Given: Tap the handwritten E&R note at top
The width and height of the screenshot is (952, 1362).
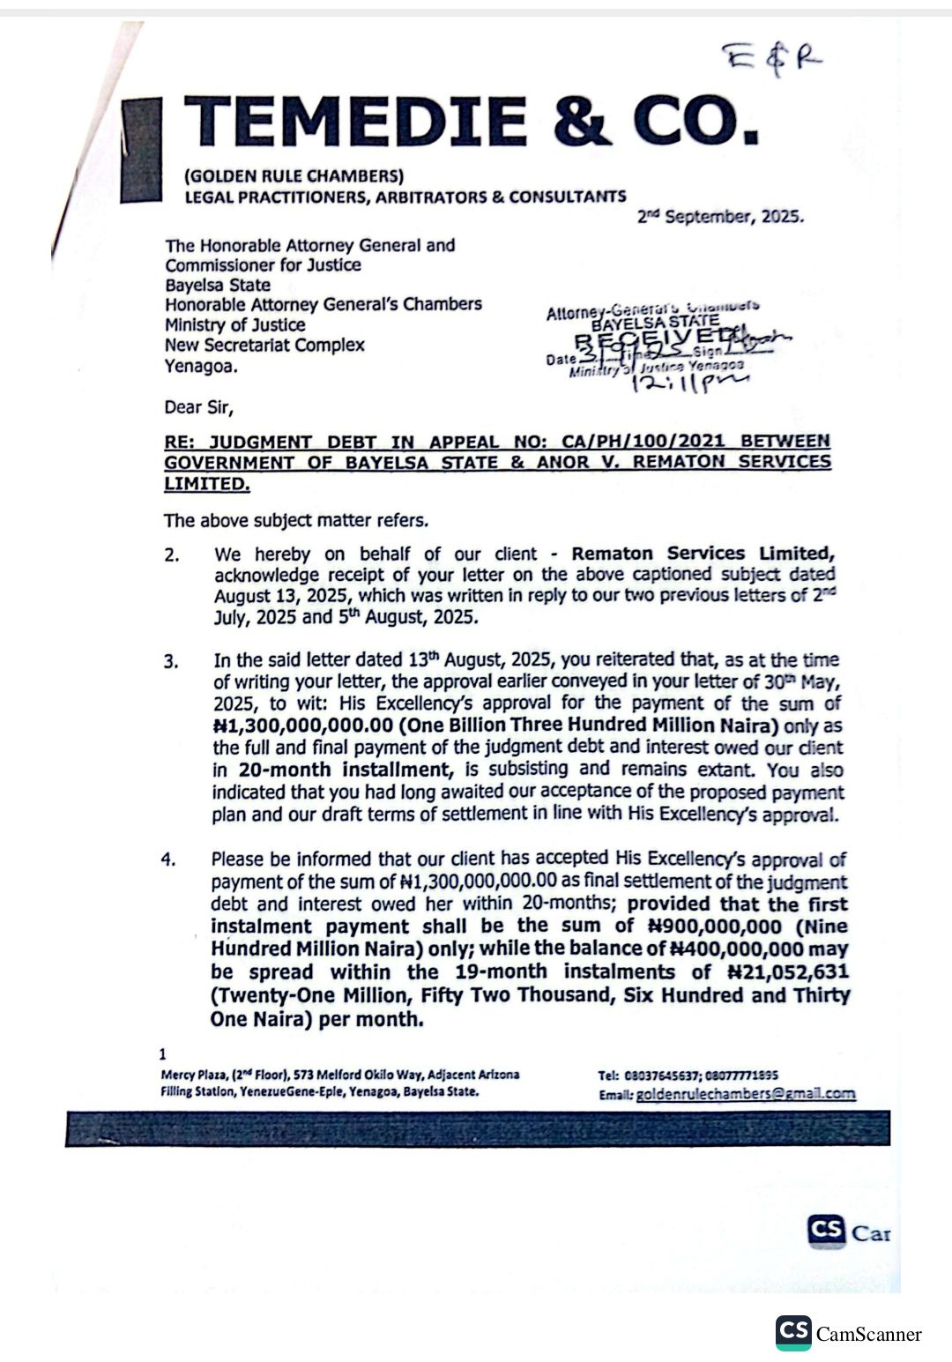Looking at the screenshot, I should coord(772,60).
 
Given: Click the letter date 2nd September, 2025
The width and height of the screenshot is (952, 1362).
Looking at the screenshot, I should coord(720,217).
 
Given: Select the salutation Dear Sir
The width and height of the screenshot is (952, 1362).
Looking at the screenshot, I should coord(198,407).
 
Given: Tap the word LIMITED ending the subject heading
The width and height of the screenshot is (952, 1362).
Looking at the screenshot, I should coord(206,483).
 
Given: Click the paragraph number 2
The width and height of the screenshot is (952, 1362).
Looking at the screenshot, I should coord(171,555).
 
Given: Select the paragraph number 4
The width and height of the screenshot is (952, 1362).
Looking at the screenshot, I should coord(168,860).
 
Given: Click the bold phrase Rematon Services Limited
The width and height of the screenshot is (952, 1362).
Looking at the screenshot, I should coord(702,554).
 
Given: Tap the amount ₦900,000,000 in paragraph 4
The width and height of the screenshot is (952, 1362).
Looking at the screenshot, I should coord(715,927).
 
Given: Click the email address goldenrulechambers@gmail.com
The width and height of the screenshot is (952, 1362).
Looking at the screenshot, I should coord(745,1094).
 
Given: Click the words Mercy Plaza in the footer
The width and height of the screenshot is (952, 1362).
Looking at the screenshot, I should coord(188,1075).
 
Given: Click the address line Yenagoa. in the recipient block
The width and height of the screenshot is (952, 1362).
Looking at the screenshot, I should coord(201,366).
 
